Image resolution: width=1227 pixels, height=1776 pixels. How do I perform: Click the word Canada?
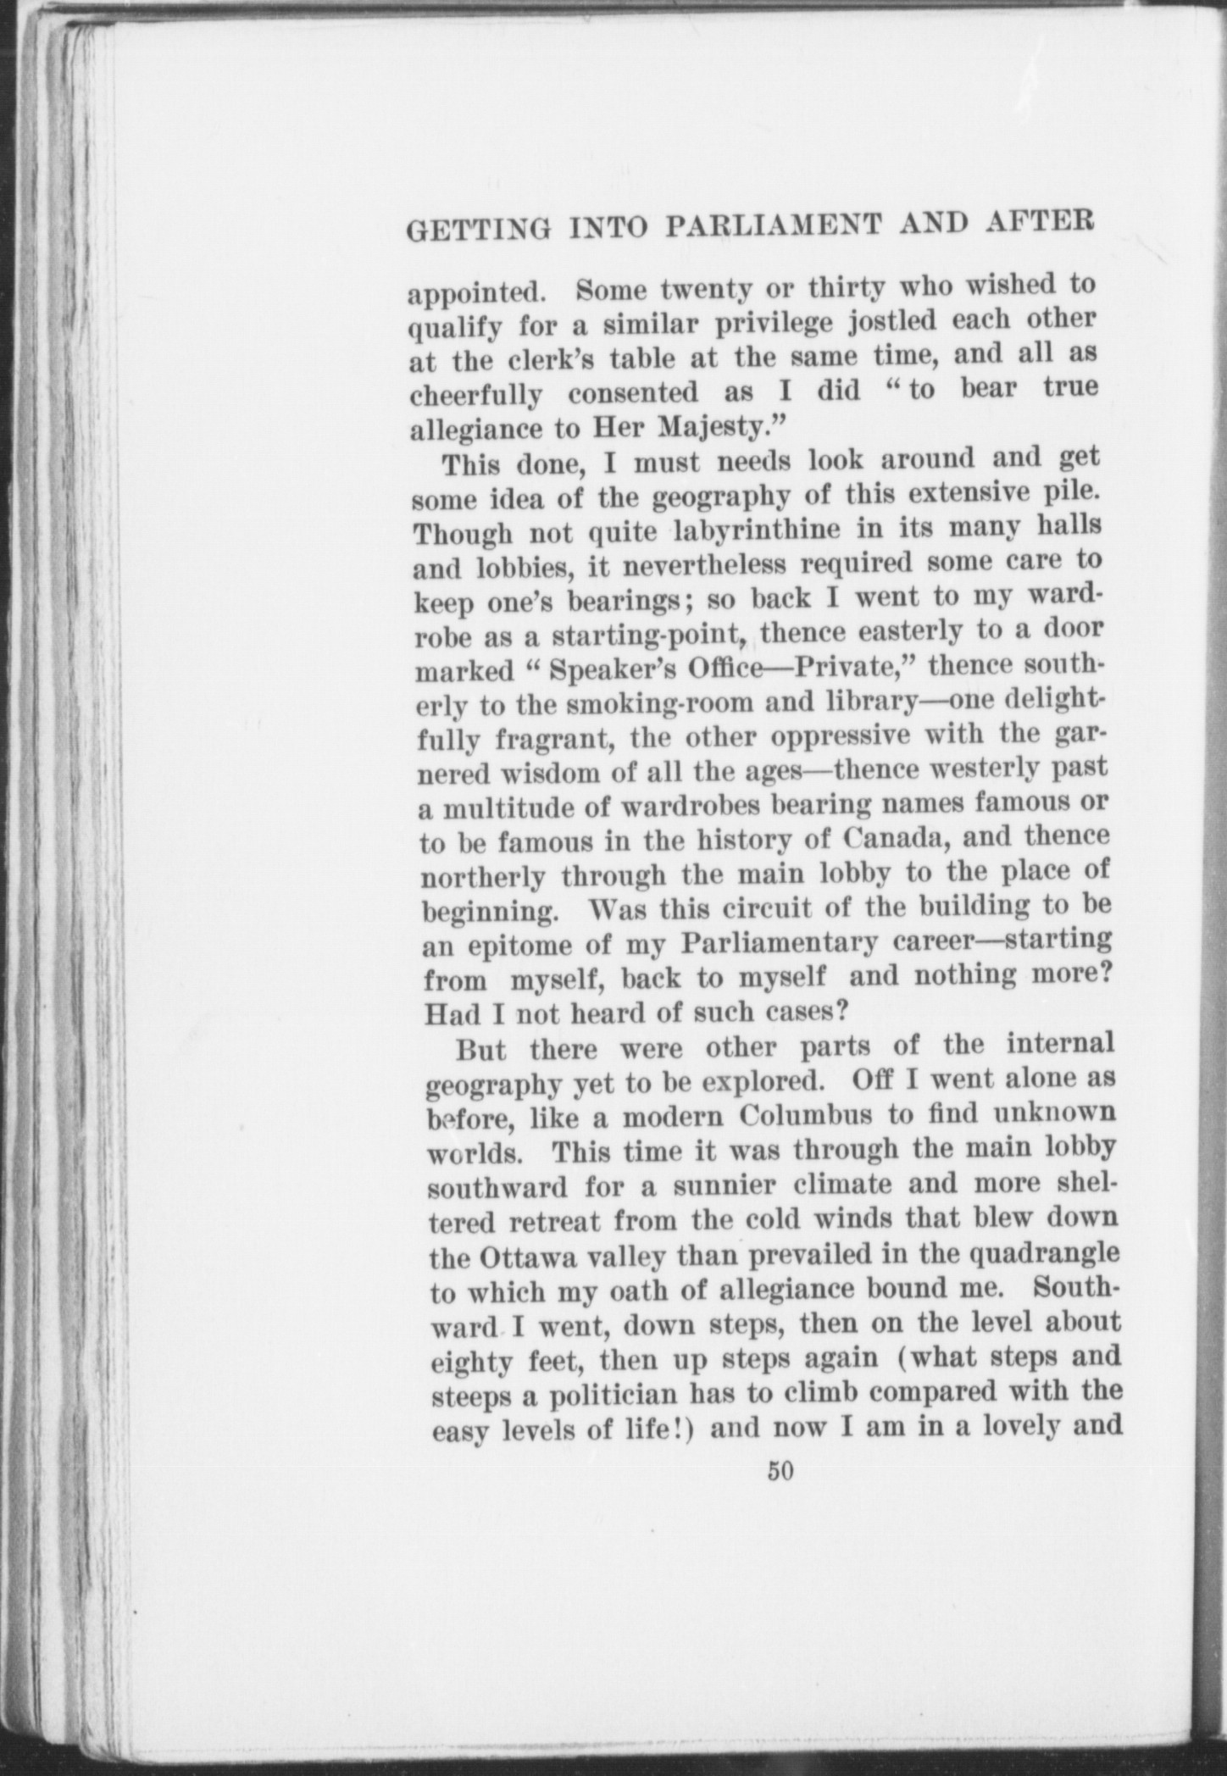coord(902,839)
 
